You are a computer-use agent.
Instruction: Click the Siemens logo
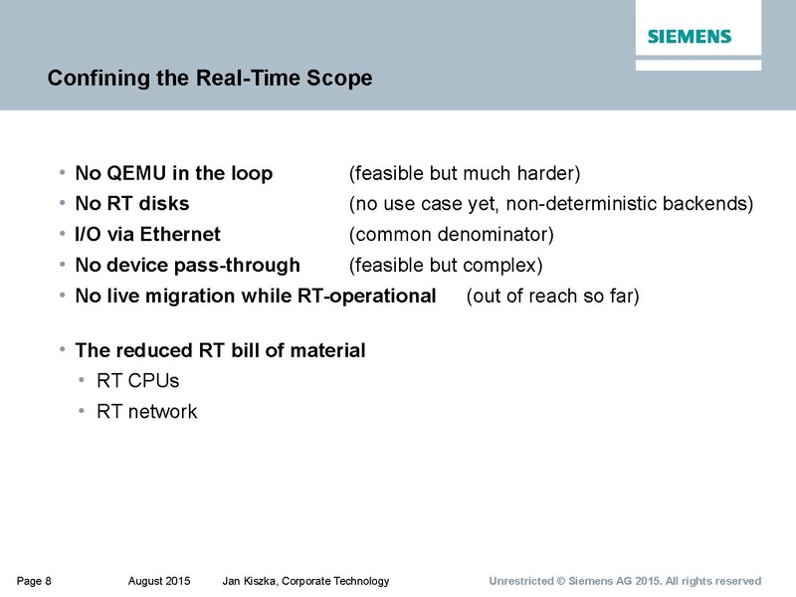click(690, 37)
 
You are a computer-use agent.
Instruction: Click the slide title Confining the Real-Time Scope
click(210, 78)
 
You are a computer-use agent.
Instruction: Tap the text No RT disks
click(132, 204)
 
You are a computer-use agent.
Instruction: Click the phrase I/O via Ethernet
click(147, 235)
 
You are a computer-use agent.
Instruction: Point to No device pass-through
click(187, 266)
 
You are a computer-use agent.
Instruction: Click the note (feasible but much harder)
click(464, 173)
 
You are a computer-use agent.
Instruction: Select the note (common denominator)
click(451, 235)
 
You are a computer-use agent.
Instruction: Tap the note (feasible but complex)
click(445, 266)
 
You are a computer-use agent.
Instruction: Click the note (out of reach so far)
click(552, 297)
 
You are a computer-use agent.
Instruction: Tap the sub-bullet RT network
click(146, 411)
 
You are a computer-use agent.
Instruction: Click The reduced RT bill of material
click(220, 350)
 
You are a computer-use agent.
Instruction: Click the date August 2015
click(159, 581)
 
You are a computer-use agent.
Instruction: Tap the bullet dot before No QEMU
click(64, 173)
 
